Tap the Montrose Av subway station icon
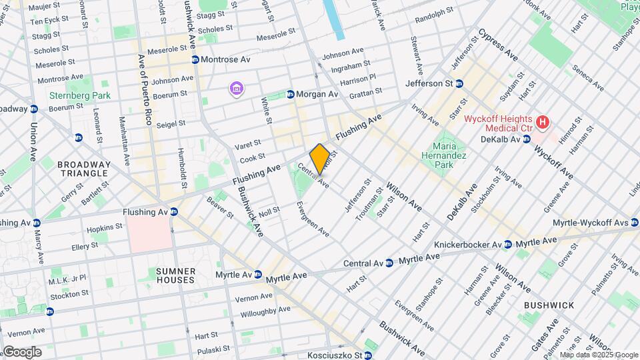click(x=195, y=59)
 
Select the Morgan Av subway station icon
click(x=290, y=95)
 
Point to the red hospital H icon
click(x=543, y=122)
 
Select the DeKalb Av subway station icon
click(x=527, y=139)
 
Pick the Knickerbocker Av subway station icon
click(x=507, y=245)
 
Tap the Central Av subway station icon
click(x=389, y=263)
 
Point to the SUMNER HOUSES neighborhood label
click(x=176, y=275)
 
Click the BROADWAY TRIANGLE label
click(x=83, y=169)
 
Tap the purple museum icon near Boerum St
click(x=235, y=89)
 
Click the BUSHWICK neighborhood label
click(x=549, y=305)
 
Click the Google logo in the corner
click(x=21, y=352)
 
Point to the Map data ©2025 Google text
click(x=599, y=355)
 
